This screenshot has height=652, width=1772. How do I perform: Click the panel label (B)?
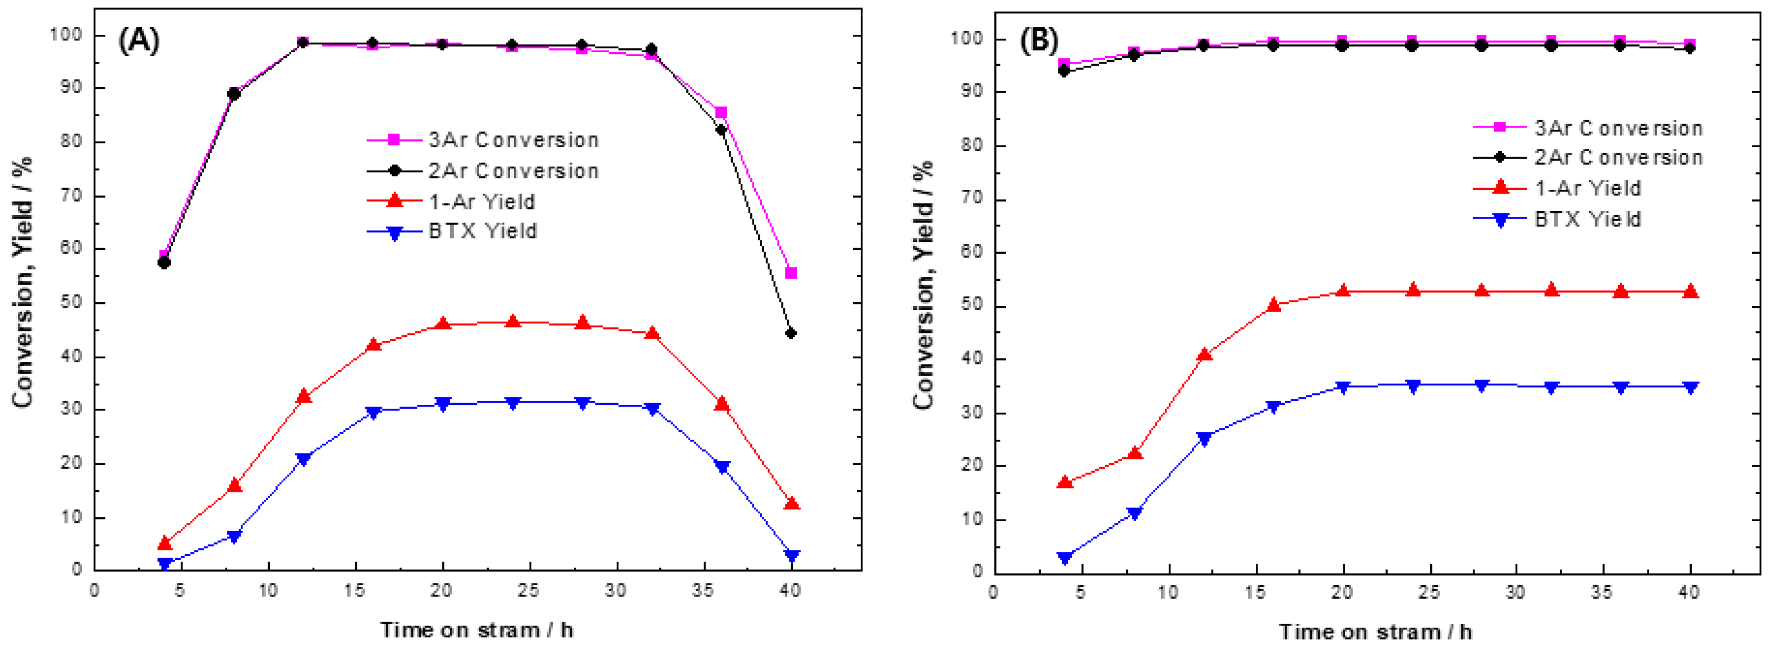pos(1039,42)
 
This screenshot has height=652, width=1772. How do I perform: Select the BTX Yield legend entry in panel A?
pos(481,231)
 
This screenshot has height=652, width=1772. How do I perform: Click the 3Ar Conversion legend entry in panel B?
pos(1618,128)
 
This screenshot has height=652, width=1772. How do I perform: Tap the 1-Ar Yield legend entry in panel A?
pos(481,201)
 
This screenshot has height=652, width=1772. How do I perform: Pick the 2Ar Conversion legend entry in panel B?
pos(1618,158)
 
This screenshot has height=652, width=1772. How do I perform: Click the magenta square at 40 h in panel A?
pos(791,273)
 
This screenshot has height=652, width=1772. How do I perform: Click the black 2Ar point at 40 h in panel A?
pos(791,333)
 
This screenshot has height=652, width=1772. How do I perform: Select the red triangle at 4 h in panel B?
pos(1065,482)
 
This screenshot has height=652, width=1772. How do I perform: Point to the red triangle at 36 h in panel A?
pos(722,403)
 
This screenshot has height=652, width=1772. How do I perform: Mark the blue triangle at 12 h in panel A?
pos(304,459)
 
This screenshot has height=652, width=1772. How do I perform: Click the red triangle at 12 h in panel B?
pos(1204,354)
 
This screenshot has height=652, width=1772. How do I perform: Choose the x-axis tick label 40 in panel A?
pos(791,591)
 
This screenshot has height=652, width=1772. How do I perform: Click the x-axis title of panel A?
pos(477,630)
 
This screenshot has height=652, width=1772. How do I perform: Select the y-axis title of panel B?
pos(923,286)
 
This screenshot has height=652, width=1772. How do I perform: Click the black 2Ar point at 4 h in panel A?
pos(164,262)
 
